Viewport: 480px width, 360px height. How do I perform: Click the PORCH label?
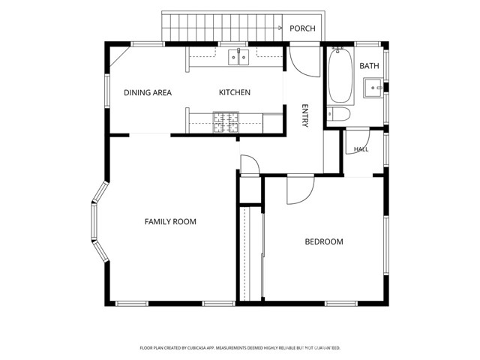point(302,28)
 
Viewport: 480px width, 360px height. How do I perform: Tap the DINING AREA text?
point(148,92)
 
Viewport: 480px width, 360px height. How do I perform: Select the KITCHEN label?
point(235,92)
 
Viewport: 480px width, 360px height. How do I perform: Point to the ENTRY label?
point(305,115)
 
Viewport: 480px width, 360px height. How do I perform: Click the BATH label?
point(369,66)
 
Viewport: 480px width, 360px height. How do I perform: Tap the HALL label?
point(361,149)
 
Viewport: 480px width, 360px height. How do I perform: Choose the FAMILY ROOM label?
point(170,222)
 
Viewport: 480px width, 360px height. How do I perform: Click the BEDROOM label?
point(324,241)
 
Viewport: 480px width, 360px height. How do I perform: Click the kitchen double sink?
point(238,57)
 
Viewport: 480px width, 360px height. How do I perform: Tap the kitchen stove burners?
point(226,122)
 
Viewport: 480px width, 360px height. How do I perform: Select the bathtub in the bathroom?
point(340,76)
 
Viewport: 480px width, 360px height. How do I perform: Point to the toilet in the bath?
point(338,114)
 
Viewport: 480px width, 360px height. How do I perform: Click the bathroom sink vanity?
point(373,88)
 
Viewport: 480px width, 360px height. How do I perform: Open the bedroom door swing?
point(300,189)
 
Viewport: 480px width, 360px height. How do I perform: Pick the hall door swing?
point(357,142)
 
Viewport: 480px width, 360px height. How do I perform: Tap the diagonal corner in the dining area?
point(120,57)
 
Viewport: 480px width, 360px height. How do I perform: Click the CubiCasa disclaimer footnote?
point(240,348)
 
